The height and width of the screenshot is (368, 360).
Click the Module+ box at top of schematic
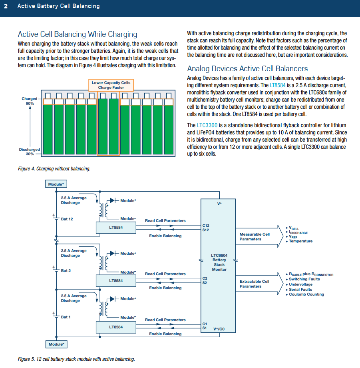[56, 184]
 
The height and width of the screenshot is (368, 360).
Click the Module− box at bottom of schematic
[56, 344]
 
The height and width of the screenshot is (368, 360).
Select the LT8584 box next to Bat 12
[116, 228]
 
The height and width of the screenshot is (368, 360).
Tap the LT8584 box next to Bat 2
[116, 281]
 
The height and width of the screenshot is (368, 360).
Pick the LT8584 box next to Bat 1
[116, 327]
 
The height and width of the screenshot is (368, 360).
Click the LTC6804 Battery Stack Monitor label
[219, 262]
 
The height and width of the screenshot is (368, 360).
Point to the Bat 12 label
[67, 219]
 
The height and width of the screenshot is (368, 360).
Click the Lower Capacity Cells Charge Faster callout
[111, 85]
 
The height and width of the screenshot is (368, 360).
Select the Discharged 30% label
[30, 152]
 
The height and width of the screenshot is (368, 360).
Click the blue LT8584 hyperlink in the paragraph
[277, 86]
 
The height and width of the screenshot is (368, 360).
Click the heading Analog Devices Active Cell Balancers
[247, 68]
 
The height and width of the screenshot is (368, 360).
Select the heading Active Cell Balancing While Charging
[78, 34]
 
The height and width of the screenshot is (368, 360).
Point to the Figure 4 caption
[54, 169]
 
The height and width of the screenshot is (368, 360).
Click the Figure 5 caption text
[76, 359]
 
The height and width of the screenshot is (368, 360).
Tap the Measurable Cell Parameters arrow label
[255, 237]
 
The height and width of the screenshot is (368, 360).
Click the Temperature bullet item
[300, 241]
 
